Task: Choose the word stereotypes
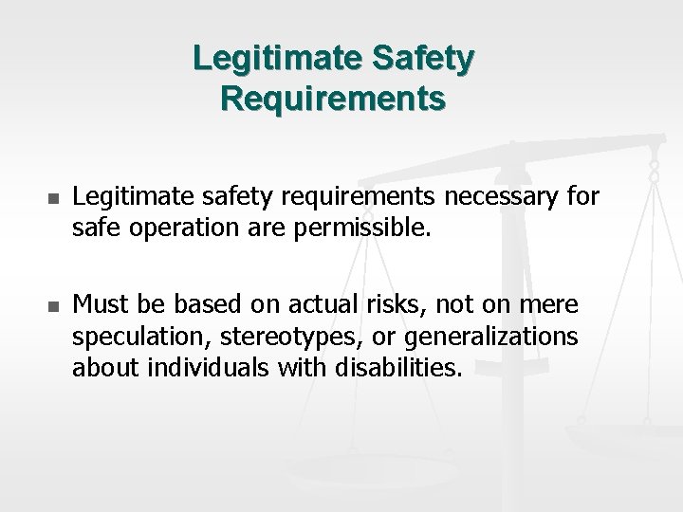[289, 337]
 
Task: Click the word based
[191, 305]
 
